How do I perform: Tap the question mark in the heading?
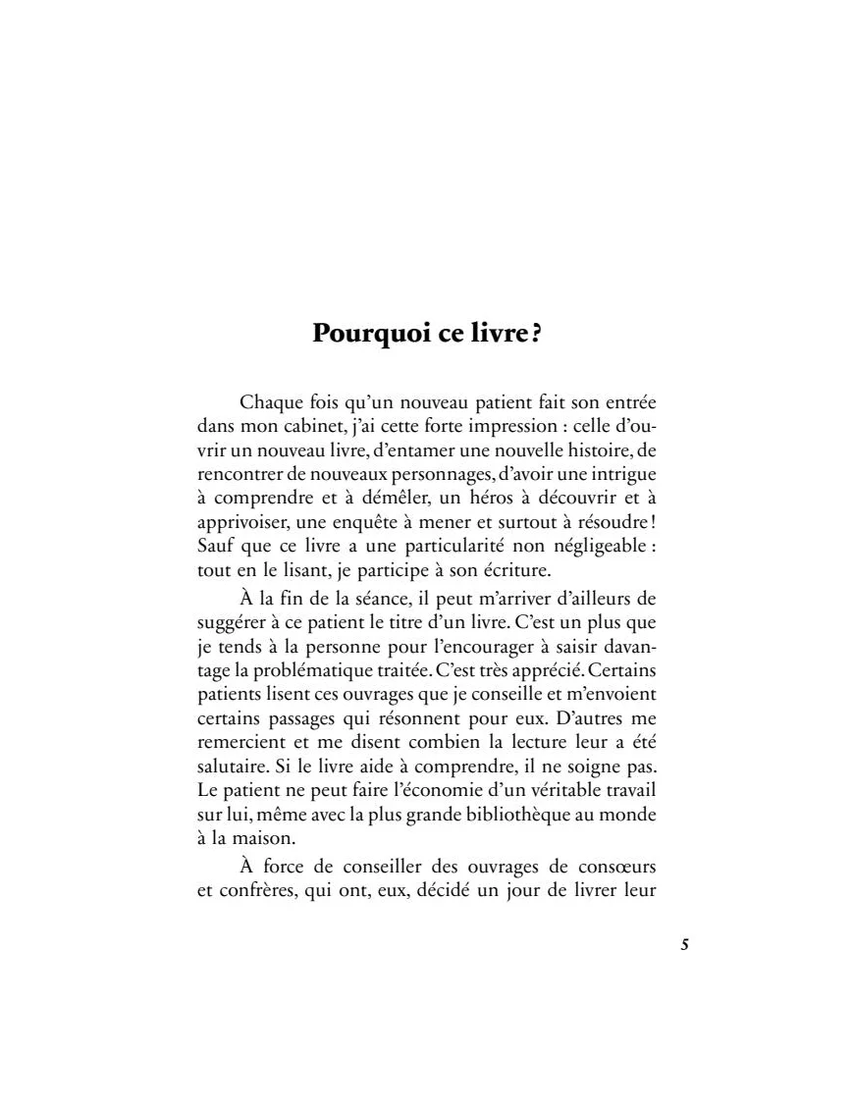[x=536, y=333]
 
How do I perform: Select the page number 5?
[x=684, y=945]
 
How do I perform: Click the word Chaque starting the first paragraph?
[x=267, y=403]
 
